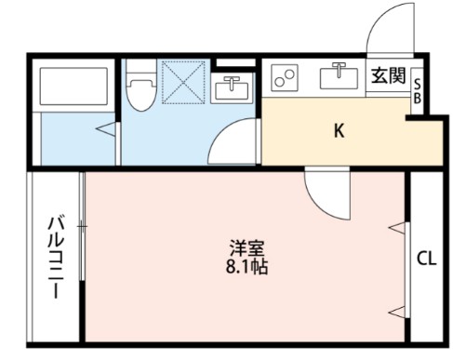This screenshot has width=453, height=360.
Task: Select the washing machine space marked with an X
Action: (181, 81)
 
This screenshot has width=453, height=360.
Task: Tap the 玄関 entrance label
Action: (388, 76)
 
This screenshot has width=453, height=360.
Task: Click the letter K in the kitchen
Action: (340, 130)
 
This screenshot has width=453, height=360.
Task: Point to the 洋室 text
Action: (248, 248)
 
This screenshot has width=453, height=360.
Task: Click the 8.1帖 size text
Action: (248, 266)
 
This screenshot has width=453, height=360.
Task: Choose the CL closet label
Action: (426, 258)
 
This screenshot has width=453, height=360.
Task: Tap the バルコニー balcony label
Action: (55, 256)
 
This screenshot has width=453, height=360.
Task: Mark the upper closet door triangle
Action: (398, 227)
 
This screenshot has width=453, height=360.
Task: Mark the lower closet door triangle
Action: (398, 310)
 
